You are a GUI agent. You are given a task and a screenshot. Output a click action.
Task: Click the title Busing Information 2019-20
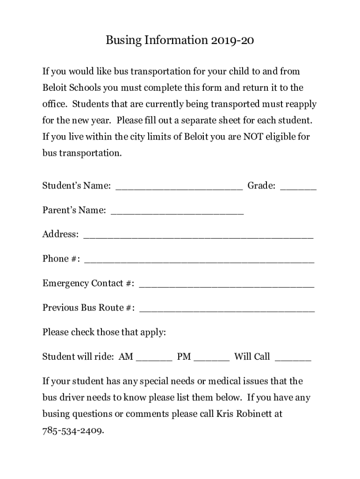pos(180,41)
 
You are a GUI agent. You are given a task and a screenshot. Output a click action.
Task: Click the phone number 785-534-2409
pos(72,430)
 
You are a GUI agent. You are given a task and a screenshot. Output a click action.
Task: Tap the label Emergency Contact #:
pos(89,283)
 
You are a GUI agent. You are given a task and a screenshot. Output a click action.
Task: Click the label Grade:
pos(261,186)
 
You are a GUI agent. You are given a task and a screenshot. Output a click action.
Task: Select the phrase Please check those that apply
pos(104,333)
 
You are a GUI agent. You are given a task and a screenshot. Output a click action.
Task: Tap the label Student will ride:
pos(78,357)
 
